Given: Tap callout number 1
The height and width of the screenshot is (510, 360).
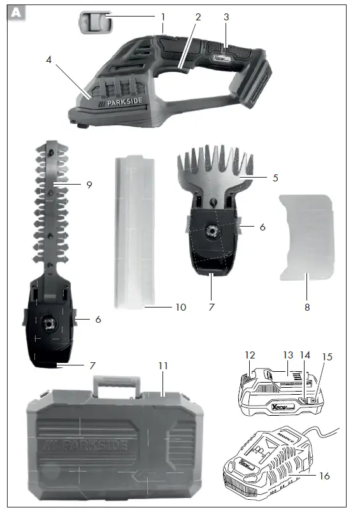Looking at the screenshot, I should pyautogui.click(x=162, y=16).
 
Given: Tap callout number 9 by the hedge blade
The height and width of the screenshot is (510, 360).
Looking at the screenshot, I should pyautogui.click(x=89, y=185).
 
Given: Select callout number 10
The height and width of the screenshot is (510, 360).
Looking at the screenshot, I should pyautogui.click(x=180, y=308).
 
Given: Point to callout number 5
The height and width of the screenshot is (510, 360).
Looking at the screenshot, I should pyautogui.click(x=275, y=179).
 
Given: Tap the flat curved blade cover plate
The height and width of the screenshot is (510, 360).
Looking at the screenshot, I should pyautogui.click(x=306, y=236).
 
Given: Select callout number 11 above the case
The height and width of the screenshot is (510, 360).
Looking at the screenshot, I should pyautogui.click(x=164, y=367).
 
